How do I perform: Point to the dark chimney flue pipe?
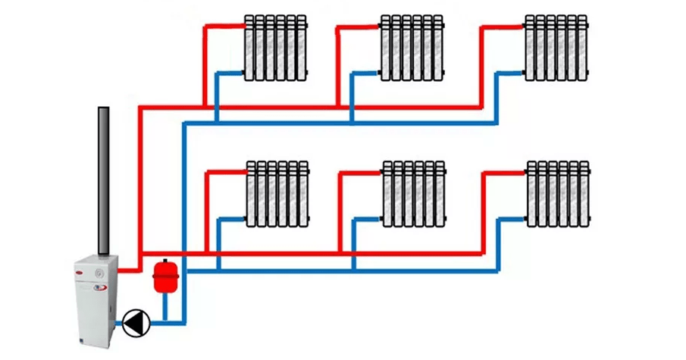pos(104,182)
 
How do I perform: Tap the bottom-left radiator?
pos(277,193)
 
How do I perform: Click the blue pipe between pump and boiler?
pos(118,324)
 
